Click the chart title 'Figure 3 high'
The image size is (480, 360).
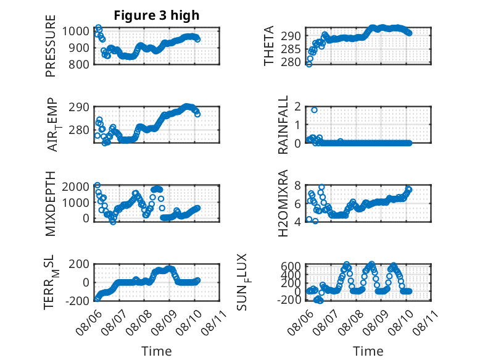[x=157, y=15]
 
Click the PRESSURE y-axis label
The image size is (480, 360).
[x=51, y=46]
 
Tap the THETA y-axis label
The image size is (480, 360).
[x=268, y=46]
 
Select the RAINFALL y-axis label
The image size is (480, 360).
[x=283, y=124]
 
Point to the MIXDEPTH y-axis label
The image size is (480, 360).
[x=51, y=203]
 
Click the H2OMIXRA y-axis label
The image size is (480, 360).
[x=283, y=203]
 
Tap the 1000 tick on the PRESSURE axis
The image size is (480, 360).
[x=76, y=31]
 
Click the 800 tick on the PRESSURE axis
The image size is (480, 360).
[x=79, y=64]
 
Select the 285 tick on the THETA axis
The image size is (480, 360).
[x=291, y=49]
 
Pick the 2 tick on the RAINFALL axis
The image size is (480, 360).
[x=297, y=107]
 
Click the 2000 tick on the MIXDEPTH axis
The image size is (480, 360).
[x=76, y=186]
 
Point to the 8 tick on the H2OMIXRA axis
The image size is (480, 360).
[x=297, y=185]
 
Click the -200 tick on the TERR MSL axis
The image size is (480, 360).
[x=77, y=301]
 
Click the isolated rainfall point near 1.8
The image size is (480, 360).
[x=314, y=110]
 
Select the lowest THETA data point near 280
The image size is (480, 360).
[x=309, y=64]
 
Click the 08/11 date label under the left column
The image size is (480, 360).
[x=214, y=322]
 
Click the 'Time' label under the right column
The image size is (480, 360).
[x=368, y=351]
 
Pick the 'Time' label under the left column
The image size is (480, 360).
[x=157, y=351]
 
